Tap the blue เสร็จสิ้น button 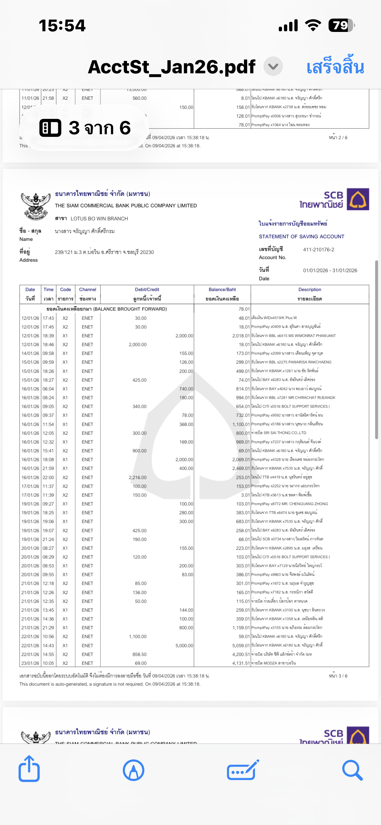pyautogui.click(x=335, y=67)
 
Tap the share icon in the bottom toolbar pyautogui.click(x=29, y=769)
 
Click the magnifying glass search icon pyautogui.click(x=352, y=770)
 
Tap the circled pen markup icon pyautogui.click(x=134, y=770)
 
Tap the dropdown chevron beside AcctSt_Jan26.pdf pyautogui.click(x=273, y=66)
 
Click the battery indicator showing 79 pyautogui.click(x=341, y=25)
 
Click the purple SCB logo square pyautogui.click(x=358, y=199)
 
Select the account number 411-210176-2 pyautogui.click(x=318, y=250)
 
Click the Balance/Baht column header pyautogui.click(x=222, y=289)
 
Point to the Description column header pyautogui.click(x=310, y=289)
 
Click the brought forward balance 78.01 pyautogui.click(x=244, y=309)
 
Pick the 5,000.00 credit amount pyautogui.click(x=184, y=645)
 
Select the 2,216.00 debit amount pyautogui.click(x=137, y=477)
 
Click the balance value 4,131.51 pyautogui.click(x=241, y=663)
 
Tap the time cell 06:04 pyautogui.click(x=48, y=389)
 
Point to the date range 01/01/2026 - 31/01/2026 pyautogui.click(x=330, y=270)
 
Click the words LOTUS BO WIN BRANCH pyautogui.click(x=99, y=219)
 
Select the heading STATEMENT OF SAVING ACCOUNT pyautogui.click(x=301, y=237)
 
